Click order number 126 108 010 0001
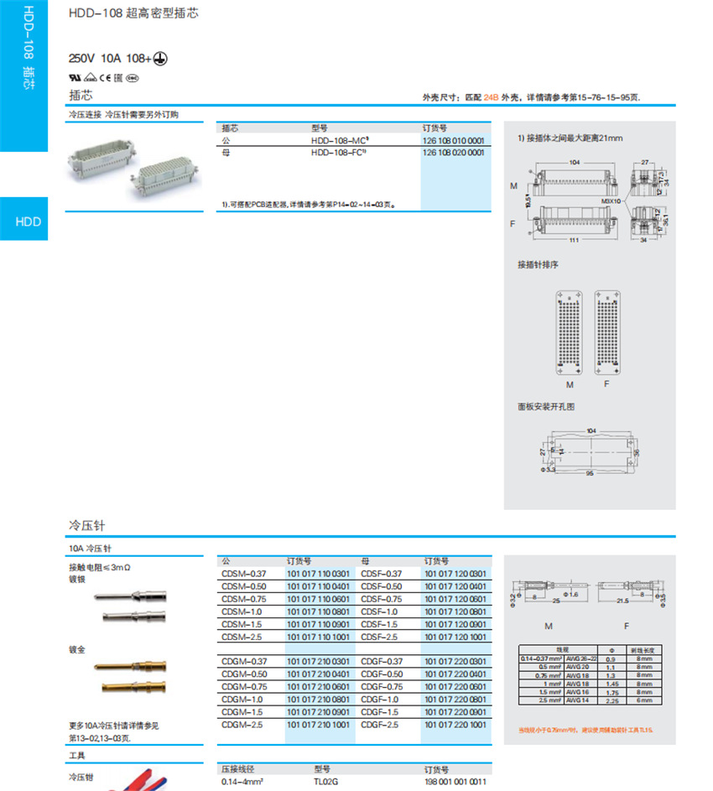[x=453, y=141]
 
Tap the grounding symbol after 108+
[x=164, y=59]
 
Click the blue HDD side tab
[x=27, y=221]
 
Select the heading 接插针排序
[x=538, y=265]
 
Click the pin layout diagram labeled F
[x=610, y=332]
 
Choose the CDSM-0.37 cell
[x=243, y=574]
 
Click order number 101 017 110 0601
[x=319, y=599]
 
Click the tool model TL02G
[x=325, y=782]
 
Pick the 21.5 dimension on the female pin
[x=622, y=601]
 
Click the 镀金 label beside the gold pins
[x=76, y=650]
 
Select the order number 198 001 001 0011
[x=455, y=782]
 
